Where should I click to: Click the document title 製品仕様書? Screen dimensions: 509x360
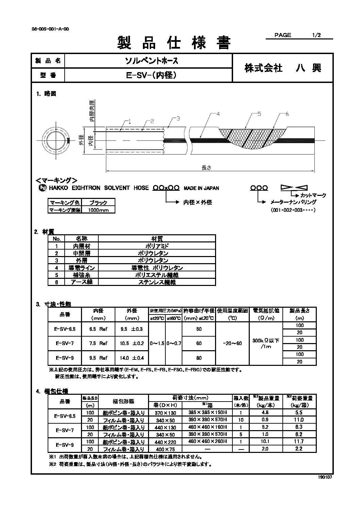[x=174, y=43]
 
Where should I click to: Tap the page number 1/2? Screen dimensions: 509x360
[x=316, y=35]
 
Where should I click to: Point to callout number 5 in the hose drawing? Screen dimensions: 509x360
[x=259, y=115]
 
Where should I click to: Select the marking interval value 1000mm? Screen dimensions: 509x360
[x=98, y=210]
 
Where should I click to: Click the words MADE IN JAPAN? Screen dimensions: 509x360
[x=201, y=188]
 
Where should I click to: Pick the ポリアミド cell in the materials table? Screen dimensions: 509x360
[x=157, y=246]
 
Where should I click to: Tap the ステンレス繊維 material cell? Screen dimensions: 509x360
[x=157, y=282]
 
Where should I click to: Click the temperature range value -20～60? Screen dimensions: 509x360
[x=232, y=343]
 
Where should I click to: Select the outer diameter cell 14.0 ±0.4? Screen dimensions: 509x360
[x=132, y=358]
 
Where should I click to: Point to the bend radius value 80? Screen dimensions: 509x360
[x=199, y=358]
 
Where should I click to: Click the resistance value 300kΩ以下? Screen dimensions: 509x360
[x=266, y=340]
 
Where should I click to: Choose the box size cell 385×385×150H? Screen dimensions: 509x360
[x=207, y=412]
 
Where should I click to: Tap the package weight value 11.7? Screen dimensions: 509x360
[x=299, y=441]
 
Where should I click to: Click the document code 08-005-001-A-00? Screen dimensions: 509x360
[x=50, y=29]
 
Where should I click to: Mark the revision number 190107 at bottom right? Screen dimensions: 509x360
[x=325, y=477]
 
